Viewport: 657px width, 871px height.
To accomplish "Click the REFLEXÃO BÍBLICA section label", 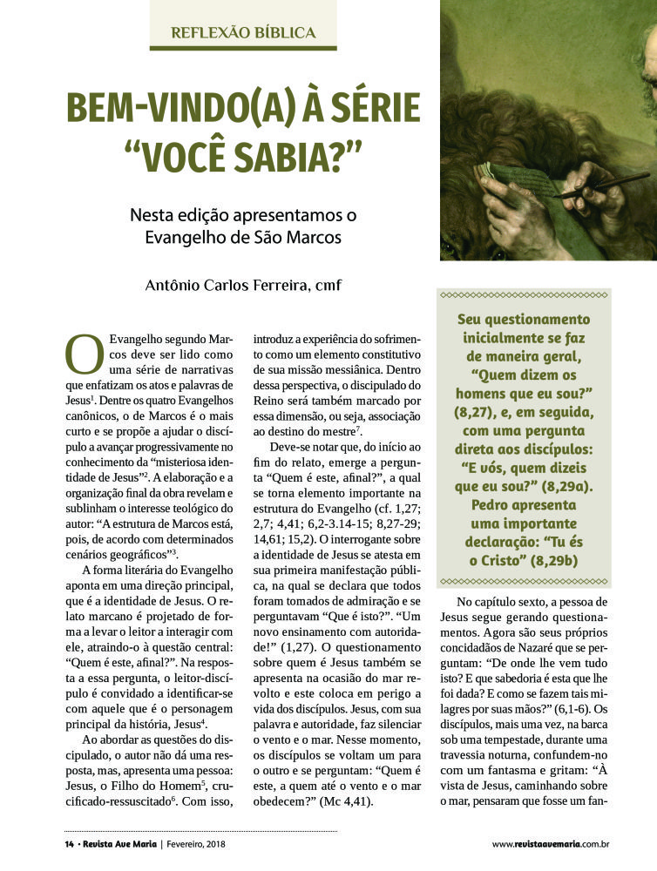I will (243, 33).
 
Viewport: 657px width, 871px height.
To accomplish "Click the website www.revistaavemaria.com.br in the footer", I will (550, 843).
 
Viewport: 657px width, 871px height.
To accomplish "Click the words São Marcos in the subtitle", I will (305, 237).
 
